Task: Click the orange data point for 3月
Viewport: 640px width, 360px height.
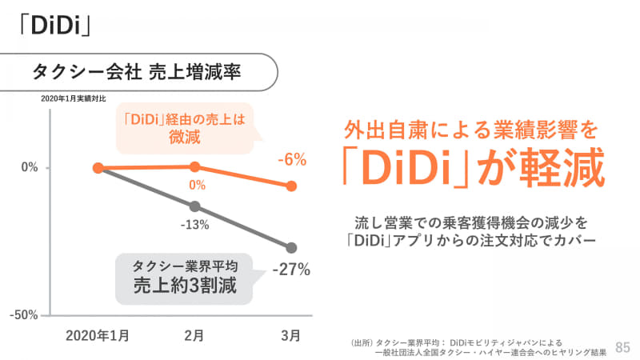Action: click(291, 186)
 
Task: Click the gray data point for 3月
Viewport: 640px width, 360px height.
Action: click(291, 248)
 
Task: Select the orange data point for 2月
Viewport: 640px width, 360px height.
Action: click(194, 166)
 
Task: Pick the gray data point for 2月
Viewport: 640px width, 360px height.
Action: click(194, 206)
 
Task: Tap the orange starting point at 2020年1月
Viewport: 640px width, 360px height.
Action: click(98, 168)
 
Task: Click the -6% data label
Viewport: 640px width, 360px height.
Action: click(291, 160)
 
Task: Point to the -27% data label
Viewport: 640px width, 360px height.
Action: click(290, 270)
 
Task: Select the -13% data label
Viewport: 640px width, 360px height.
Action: click(194, 225)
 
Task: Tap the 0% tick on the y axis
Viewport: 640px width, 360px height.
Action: click(30, 168)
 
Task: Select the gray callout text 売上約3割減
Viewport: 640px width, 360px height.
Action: click(184, 285)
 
